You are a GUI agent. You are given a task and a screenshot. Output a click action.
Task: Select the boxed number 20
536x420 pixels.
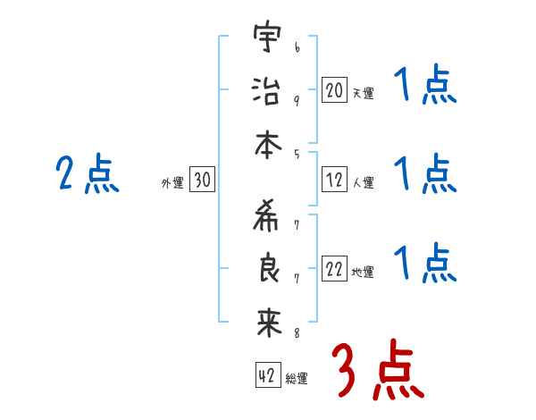click(334, 89)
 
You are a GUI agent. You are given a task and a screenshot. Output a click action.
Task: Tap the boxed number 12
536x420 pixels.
click(334, 181)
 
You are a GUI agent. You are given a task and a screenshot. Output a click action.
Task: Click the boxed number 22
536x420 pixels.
click(334, 270)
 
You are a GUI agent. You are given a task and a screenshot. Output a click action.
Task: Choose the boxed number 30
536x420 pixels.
click(202, 181)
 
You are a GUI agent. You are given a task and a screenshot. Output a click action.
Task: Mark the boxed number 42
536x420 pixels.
click(266, 376)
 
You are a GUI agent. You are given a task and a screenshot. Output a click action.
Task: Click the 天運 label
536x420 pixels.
click(363, 93)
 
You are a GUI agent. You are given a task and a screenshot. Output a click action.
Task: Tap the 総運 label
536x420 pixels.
click(297, 379)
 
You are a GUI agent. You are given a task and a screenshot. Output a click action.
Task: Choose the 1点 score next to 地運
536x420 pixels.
click(425, 265)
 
